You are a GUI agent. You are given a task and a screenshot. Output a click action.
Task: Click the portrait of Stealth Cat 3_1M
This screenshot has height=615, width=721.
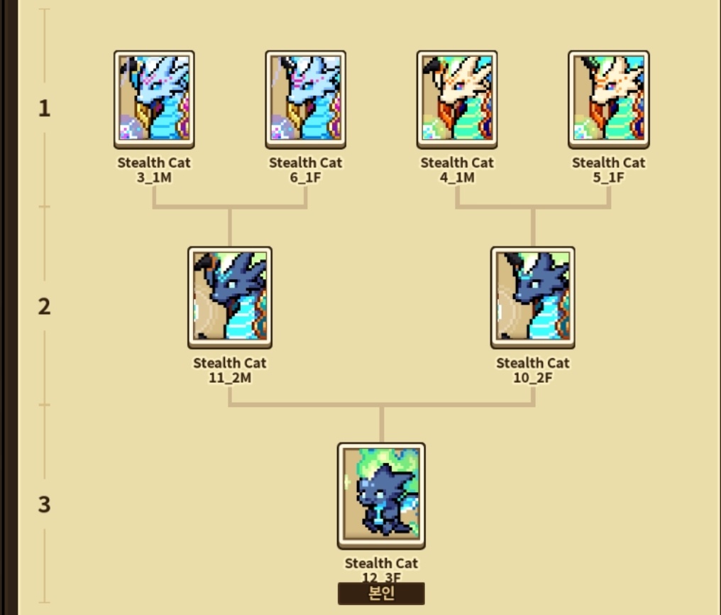[154, 99]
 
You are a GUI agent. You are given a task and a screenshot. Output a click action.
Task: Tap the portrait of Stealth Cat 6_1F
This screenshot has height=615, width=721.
[306, 99]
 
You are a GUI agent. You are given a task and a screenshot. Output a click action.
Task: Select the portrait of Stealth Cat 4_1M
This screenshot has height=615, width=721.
[457, 99]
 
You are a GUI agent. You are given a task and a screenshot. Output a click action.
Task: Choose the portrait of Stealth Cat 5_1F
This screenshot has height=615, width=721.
[609, 99]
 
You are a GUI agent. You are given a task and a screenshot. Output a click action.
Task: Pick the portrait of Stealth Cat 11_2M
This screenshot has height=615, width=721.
[229, 298]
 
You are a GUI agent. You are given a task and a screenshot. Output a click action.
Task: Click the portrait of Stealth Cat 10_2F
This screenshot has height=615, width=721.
[533, 298]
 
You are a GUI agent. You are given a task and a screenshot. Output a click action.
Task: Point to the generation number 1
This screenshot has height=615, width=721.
[45, 109]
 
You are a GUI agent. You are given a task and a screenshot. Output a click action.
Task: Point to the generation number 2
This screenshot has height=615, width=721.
[45, 307]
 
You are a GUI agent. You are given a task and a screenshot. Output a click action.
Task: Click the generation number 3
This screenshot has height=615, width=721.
[45, 505]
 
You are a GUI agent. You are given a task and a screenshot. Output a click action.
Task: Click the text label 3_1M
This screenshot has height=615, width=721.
[154, 177]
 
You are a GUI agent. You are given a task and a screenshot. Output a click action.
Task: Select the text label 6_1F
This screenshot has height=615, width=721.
[306, 177]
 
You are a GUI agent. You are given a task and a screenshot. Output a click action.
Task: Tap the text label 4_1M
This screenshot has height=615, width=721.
[457, 177]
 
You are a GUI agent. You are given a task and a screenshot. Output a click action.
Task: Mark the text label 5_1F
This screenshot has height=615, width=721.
[609, 177]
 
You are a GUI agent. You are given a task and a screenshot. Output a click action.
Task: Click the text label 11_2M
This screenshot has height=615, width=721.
[229, 378]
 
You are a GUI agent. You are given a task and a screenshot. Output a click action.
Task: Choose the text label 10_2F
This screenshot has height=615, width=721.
[533, 378]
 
